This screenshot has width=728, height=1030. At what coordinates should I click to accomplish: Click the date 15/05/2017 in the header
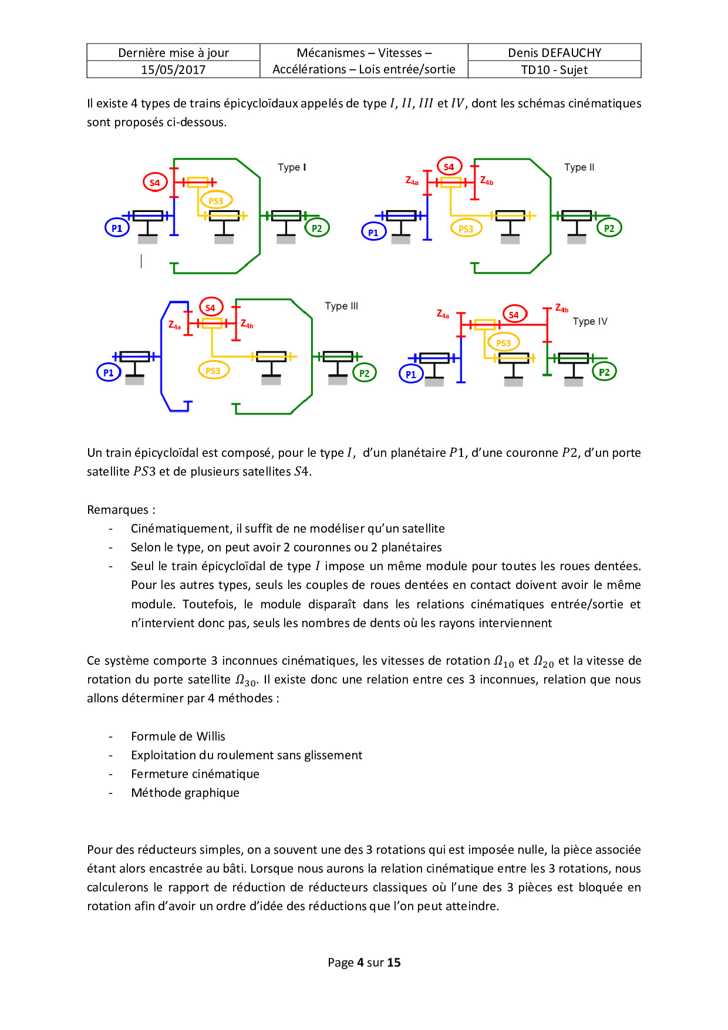[x=173, y=70]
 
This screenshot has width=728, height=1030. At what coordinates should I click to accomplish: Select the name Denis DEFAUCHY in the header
[x=554, y=53]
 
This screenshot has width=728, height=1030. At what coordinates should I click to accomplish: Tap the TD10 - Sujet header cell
[x=554, y=70]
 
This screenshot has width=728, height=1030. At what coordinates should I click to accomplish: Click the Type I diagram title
[x=292, y=167]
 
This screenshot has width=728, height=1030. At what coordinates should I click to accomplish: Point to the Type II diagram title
[x=579, y=167]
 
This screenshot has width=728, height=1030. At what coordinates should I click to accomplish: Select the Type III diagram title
[x=341, y=306]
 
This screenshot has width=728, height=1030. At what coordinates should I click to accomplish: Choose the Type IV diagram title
[x=589, y=322]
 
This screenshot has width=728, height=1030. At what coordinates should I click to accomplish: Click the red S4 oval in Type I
[x=155, y=183]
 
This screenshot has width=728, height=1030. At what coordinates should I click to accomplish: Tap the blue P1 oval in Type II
[x=373, y=233]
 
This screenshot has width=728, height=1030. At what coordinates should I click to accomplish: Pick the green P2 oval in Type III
[x=364, y=373]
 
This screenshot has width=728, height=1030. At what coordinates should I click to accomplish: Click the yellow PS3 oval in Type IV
[x=503, y=343]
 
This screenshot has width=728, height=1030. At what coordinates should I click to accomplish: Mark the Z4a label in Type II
[x=412, y=181]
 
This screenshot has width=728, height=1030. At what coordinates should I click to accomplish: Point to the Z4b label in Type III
[x=247, y=324]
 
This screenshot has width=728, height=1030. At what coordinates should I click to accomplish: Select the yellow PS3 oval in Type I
[x=216, y=201]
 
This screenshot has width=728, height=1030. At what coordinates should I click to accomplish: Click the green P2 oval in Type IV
[x=604, y=372]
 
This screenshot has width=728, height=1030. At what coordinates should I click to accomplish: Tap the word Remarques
[x=117, y=510]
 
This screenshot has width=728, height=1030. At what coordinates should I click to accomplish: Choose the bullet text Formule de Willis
[x=178, y=736]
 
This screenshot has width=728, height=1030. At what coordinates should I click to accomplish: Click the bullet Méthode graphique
[x=185, y=793]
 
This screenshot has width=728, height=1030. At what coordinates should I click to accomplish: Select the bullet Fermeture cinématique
[x=195, y=774]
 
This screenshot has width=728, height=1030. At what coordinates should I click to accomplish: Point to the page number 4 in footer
[x=360, y=962]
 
